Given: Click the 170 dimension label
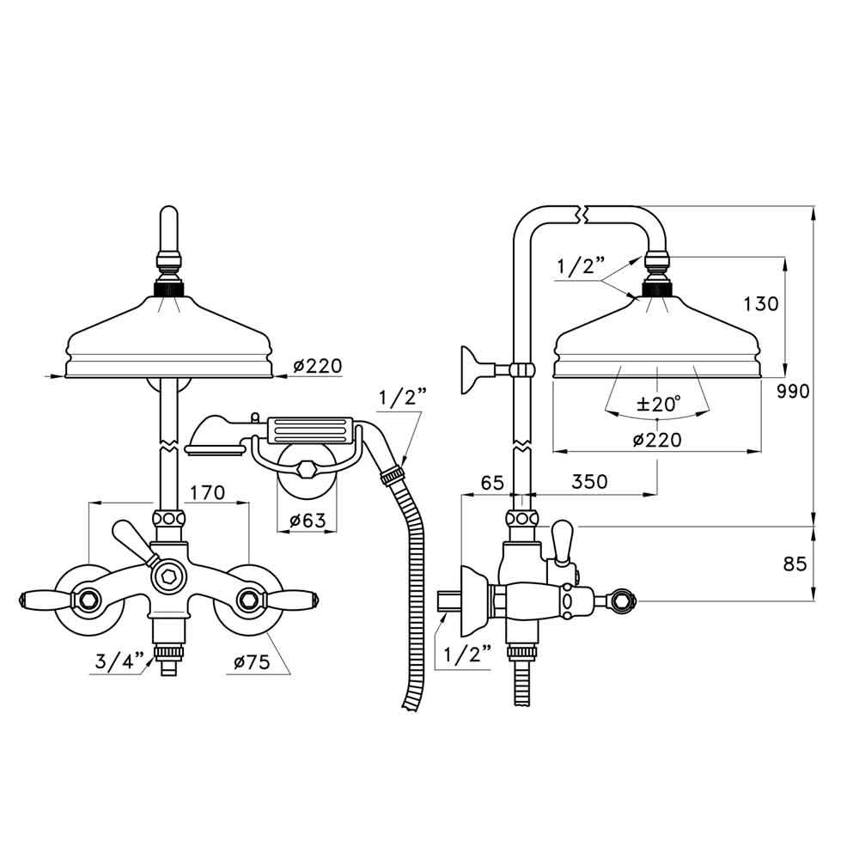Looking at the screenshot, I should pos(207,493).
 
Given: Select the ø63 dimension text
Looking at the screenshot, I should pos(307,521).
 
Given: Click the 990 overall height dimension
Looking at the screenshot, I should pos(793,393).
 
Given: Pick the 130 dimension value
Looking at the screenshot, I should pos(761,304).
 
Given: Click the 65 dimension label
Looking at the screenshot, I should pos(492,482).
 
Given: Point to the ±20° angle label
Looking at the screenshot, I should pos(657,403).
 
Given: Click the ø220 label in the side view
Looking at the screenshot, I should pos(657,440).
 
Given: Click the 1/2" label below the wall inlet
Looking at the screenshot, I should pos(467,655).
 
